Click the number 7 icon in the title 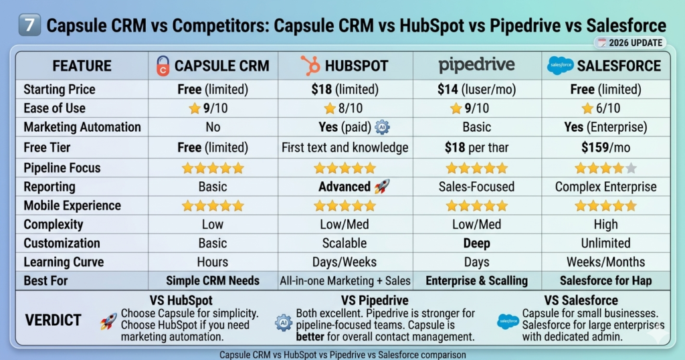pyautogui.click(x=28, y=26)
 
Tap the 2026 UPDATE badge pyautogui.click(x=631, y=43)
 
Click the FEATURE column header pyautogui.click(x=82, y=66)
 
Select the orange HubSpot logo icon pyautogui.click(x=310, y=66)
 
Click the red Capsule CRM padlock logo pyautogui.click(x=163, y=66)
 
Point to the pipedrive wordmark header pyautogui.click(x=476, y=65)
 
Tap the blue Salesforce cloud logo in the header pyautogui.click(x=560, y=65)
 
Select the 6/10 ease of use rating pyautogui.click(x=605, y=108)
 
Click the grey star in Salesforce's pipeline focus pyautogui.click(x=629, y=168)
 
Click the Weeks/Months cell pyautogui.click(x=605, y=262)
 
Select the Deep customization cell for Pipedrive pyautogui.click(x=476, y=243)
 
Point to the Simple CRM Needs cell pyautogui.click(x=213, y=281)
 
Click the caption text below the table pyautogui.click(x=342, y=354)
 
